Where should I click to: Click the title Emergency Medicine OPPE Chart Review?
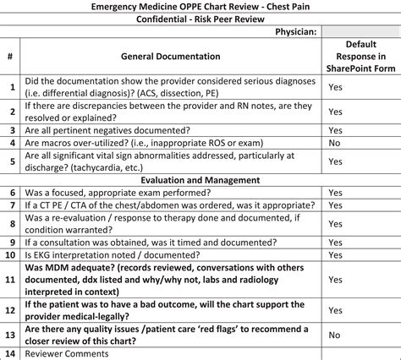tap(200, 7)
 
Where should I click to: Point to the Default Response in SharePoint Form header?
tap(355, 57)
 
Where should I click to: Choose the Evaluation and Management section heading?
tap(201, 180)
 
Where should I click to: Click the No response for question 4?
tap(335, 144)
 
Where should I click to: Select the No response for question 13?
tap(335, 335)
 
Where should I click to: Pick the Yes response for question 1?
tap(335, 87)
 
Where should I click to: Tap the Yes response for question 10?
tap(335, 254)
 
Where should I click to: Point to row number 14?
tap(9, 353)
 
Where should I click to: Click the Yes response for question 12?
tap(335, 309)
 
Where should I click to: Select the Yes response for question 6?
tap(335, 193)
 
